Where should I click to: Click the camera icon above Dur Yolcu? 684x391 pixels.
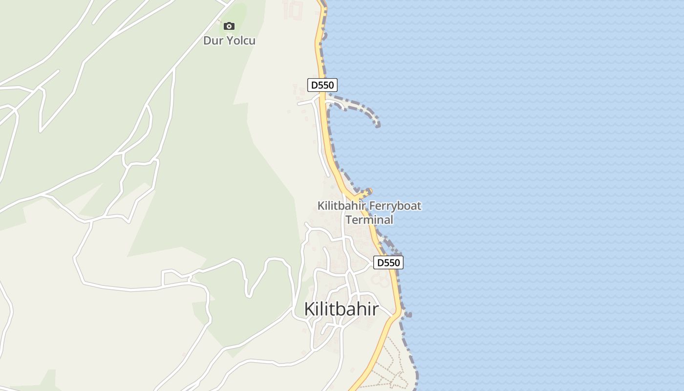(229, 26)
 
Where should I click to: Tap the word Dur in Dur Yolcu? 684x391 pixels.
(213, 41)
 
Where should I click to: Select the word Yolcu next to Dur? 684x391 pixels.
(240, 41)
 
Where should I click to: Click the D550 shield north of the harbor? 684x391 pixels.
(322, 85)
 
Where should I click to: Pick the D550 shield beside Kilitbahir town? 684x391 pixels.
(388, 262)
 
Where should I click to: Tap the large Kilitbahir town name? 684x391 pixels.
(341, 309)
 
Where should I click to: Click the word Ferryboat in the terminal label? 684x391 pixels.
(395, 206)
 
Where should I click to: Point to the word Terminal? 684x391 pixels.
(369, 220)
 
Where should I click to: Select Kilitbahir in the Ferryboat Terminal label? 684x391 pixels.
(342, 206)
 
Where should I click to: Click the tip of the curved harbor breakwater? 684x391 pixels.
(378, 126)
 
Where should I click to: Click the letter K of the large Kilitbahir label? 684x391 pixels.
(309, 309)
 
